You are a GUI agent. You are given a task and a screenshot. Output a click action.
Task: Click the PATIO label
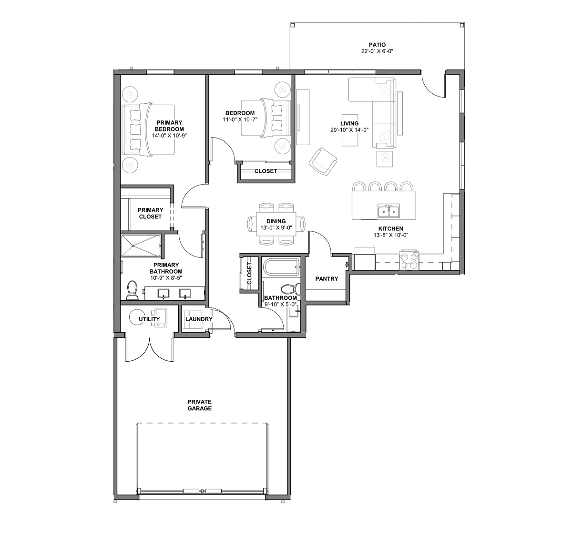pos(377,45)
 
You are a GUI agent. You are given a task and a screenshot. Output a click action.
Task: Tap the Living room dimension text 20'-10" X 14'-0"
pos(349,130)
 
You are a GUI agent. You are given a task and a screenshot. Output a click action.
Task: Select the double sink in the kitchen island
pos(389,211)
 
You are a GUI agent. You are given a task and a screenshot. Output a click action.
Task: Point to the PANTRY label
pos(327,279)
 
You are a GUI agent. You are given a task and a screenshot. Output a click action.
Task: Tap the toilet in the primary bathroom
pos(132,290)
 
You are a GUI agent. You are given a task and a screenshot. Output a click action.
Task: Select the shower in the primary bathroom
pos(141,246)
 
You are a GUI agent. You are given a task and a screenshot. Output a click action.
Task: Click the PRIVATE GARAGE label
pos(200,405)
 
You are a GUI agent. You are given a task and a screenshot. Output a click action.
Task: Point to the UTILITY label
pos(149,319)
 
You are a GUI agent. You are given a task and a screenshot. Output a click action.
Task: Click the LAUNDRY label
pos(199,319)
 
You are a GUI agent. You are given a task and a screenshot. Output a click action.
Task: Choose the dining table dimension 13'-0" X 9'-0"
pos(276,228)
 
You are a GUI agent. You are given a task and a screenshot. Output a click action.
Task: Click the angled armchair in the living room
pos(323,161)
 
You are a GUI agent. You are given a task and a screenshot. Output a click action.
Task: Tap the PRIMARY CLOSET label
pos(150,213)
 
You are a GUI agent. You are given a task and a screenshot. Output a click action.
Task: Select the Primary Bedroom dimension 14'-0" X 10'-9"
pos(170,136)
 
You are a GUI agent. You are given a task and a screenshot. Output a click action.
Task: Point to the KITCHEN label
pos(391,228)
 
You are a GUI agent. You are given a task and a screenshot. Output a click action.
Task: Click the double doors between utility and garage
pos(150,349)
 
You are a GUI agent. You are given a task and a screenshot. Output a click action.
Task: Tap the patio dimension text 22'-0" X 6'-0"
pos(378,51)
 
